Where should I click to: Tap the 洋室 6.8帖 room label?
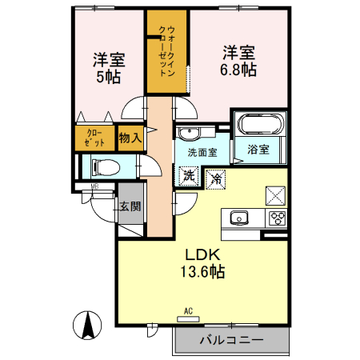pyautogui.click(x=238, y=61)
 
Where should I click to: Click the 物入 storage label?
pyautogui.click(x=130, y=138)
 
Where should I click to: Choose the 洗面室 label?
pyautogui.click(x=202, y=152)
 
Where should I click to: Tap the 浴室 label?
pyautogui.click(x=257, y=149)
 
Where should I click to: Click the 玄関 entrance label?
pyautogui.click(x=130, y=206)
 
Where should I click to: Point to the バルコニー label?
pyautogui.click(x=231, y=340)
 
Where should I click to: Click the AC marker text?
pyautogui.click(x=189, y=310)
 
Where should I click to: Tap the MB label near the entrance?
pyautogui.click(x=94, y=188)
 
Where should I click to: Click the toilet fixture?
pyautogui.click(x=103, y=167)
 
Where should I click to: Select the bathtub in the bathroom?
pyautogui.click(x=258, y=125)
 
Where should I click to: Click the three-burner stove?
pyautogui.click(x=278, y=218)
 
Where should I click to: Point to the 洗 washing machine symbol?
pyautogui.click(x=189, y=175)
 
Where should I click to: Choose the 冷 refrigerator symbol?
pyautogui.click(x=215, y=178)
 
